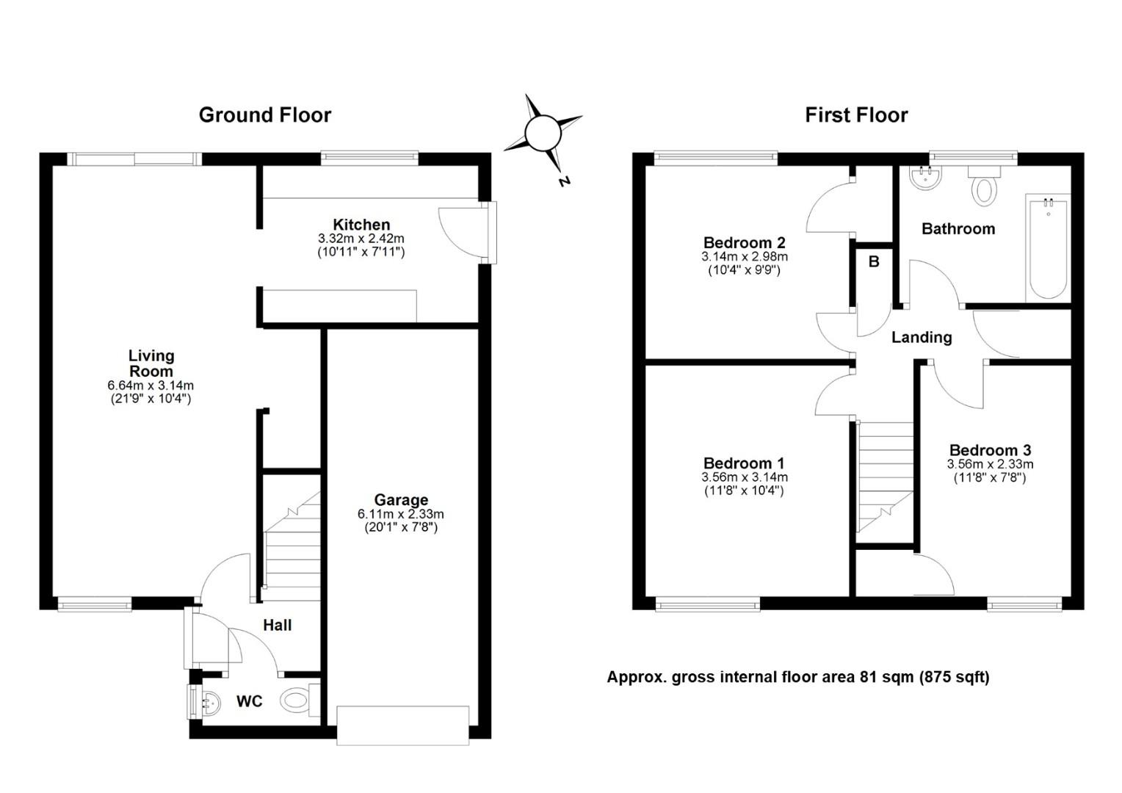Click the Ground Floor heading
(265, 115)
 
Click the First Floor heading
(856, 115)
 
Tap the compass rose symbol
(543, 133)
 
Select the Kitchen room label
(361, 225)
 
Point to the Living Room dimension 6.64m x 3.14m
(151, 385)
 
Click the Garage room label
(401, 500)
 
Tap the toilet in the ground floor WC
(300, 699)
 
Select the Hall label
(277, 625)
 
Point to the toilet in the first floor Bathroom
(984, 185)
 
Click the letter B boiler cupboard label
(874, 261)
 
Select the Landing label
(922, 338)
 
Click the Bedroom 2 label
(745, 242)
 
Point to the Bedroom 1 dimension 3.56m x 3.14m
(745, 477)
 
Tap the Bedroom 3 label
(990, 450)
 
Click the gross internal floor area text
(798, 677)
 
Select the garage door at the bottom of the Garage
(402, 725)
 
